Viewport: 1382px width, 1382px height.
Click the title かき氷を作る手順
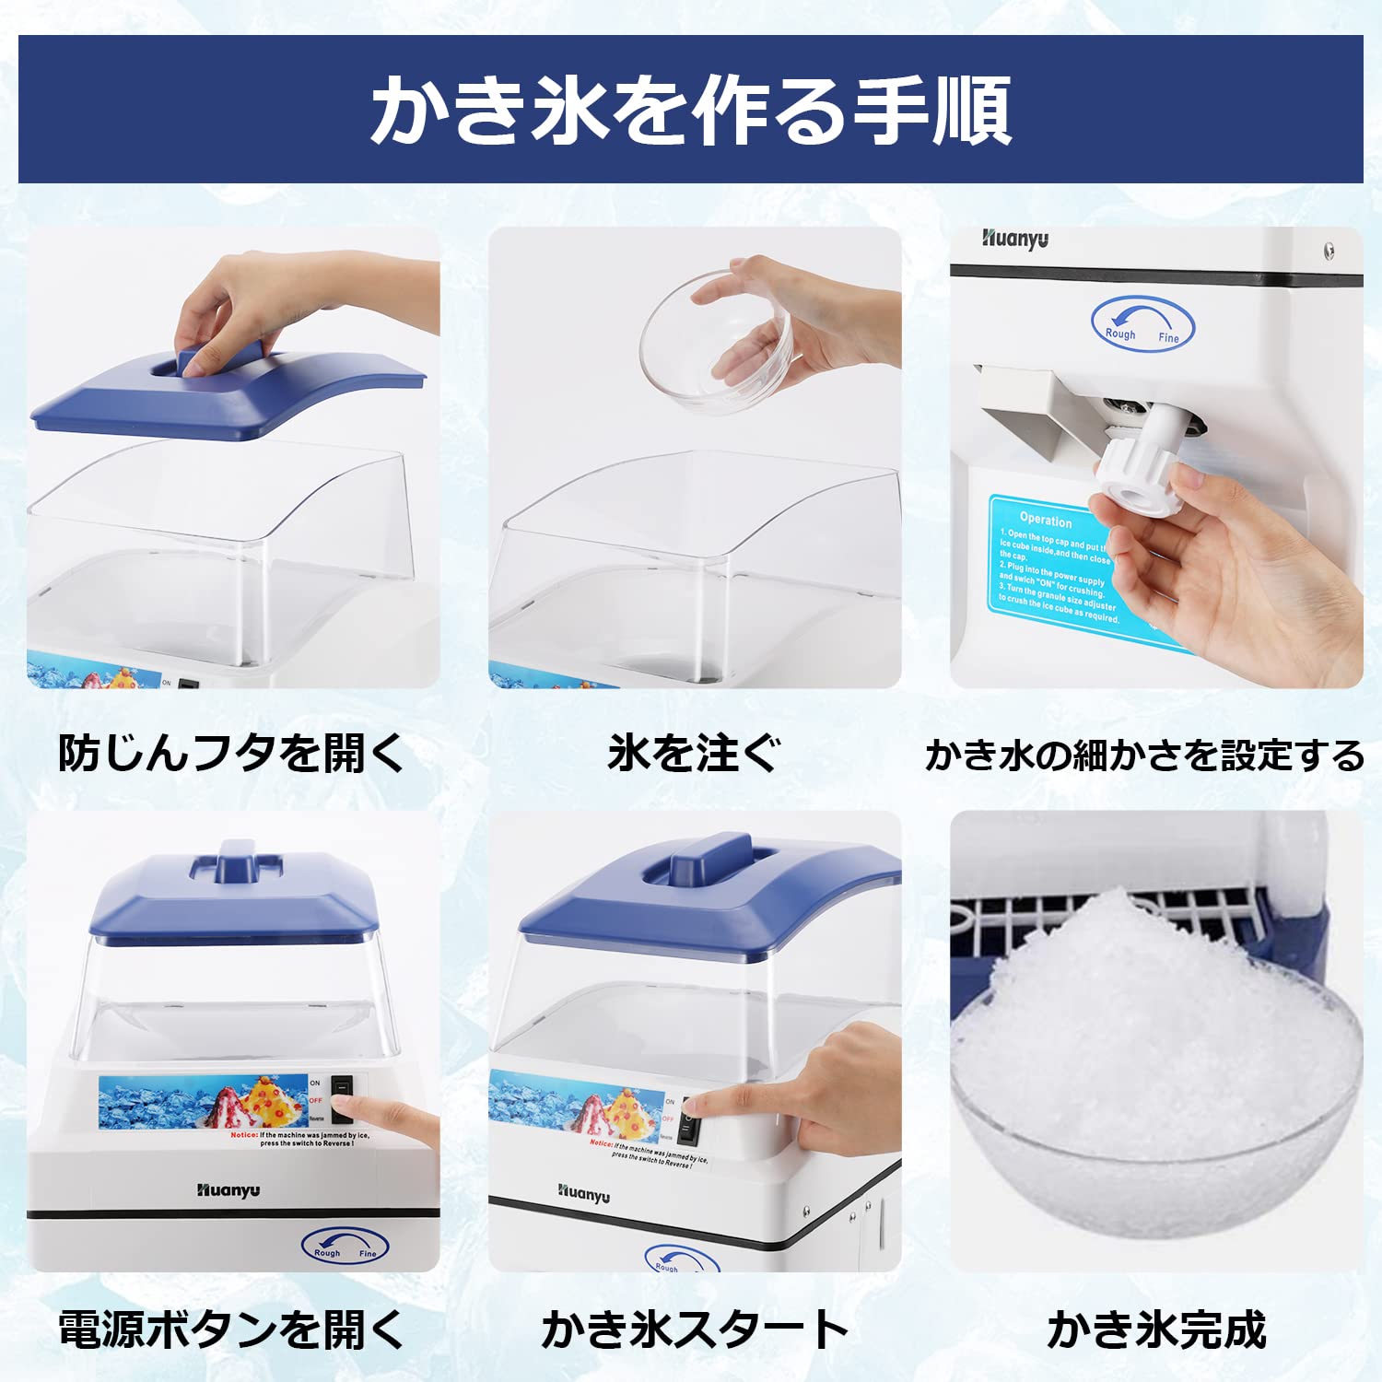tap(691, 111)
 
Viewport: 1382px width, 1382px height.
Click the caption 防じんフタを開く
tap(230, 754)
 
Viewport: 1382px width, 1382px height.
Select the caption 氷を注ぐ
tap(693, 754)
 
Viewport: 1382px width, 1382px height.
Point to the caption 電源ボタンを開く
tap(230, 1329)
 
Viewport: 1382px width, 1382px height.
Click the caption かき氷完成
tap(1156, 1329)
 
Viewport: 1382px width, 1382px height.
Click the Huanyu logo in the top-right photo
tap(1014, 240)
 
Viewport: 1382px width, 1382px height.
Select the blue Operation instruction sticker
tap(1060, 571)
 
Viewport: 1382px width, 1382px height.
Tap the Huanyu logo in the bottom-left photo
tap(228, 1190)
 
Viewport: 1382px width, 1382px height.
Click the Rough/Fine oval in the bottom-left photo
tap(345, 1247)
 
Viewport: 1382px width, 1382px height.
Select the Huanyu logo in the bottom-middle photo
tap(583, 1194)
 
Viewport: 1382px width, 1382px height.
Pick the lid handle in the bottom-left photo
tap(237, 861)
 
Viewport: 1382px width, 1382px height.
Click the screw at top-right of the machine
tap(1329, 251)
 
